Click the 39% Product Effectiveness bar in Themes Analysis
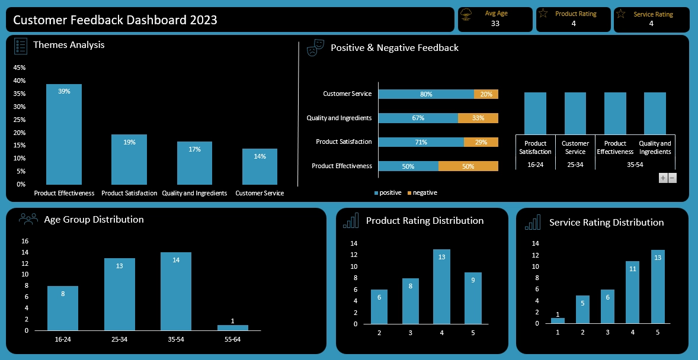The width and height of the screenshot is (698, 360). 64,134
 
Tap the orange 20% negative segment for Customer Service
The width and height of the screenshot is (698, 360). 486,94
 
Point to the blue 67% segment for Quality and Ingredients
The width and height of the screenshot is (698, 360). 418,118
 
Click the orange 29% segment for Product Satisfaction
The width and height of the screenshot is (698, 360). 481,142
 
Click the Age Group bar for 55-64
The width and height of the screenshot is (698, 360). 232,327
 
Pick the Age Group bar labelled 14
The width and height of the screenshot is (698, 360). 176,291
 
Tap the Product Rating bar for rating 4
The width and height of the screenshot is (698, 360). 441,287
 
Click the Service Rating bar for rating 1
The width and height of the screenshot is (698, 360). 558,321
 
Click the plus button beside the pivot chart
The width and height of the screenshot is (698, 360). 663,178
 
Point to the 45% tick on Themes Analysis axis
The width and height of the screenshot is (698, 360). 19,67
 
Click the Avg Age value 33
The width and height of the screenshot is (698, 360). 495,24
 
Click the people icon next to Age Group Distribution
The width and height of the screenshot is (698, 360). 28,219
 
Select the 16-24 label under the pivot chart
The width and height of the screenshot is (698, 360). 536,164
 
